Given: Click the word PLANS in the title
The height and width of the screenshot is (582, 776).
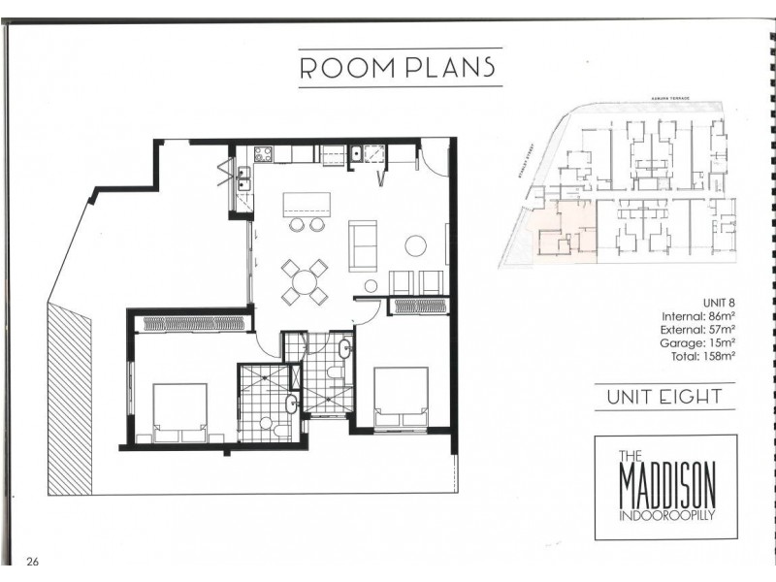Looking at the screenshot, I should click(x=449, y=68).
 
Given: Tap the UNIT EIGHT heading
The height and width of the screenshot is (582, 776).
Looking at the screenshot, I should click(x=664, y=396).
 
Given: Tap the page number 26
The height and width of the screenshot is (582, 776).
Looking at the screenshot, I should click(x=33, y=561).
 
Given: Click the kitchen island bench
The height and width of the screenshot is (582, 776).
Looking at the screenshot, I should click(x=306, y=205).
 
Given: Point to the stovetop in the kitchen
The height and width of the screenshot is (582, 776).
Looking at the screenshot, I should click(x=264, y=152).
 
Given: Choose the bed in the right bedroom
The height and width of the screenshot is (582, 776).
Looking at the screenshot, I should click(x=401, y=395).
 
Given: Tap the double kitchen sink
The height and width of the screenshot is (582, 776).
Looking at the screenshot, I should click(x=241, y=179).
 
